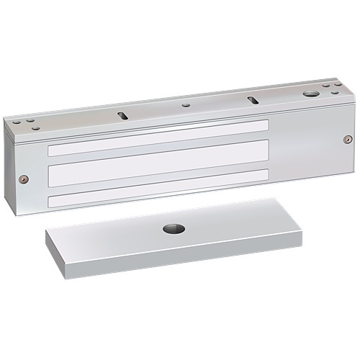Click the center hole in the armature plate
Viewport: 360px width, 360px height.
[174, 230]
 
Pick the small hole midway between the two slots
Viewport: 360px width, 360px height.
[187, 105]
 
